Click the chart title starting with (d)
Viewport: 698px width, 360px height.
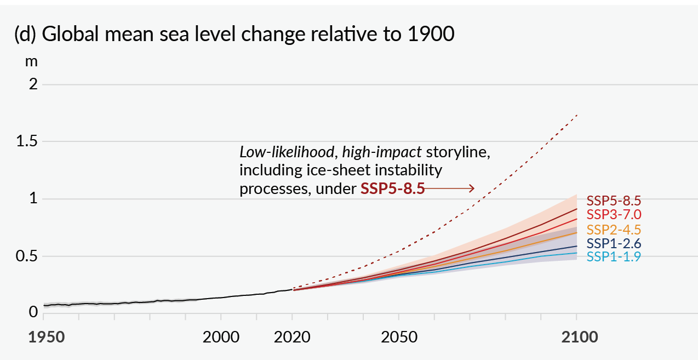(x=234, y=35)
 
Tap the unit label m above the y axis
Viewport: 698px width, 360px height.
(x=31, y=62)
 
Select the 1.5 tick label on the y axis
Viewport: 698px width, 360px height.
(x=27, y=142)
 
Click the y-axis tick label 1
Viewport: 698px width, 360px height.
(x=33, y=199)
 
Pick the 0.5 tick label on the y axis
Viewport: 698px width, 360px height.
(x=27, y=256)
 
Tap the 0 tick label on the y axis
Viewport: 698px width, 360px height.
(x=33, y=312)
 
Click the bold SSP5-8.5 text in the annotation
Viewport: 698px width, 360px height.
(x=392, y=189)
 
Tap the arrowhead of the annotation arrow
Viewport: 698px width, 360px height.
(x=472, y=188)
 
